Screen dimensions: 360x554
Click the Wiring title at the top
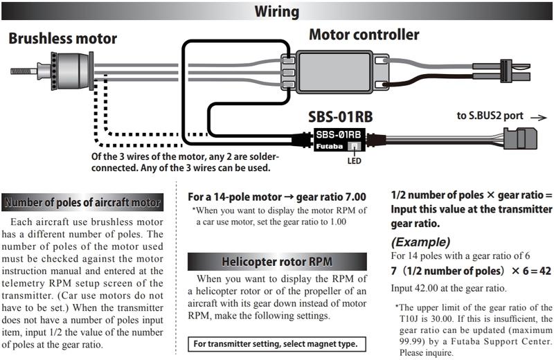click(276, 12)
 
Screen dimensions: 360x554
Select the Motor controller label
click(364, 34)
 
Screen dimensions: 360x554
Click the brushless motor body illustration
click(73, 69)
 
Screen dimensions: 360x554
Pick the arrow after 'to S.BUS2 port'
click(537, 117)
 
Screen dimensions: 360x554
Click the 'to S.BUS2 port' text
click(490, 116)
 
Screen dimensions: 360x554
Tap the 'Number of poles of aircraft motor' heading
click(83, 203)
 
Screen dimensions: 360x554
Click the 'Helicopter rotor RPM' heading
click(276, 262)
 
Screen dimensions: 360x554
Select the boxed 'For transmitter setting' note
click(276, 344)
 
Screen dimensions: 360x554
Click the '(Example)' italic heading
click(421, 242)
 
